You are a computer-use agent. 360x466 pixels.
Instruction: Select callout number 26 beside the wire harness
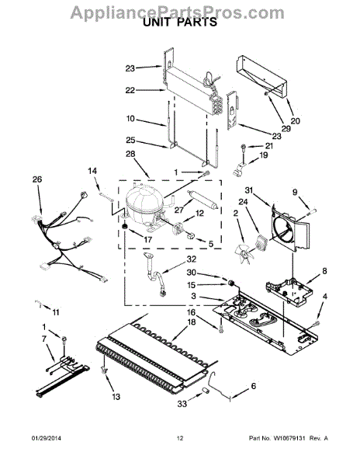pos(36,180)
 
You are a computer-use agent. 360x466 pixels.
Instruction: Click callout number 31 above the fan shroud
pos(249,192)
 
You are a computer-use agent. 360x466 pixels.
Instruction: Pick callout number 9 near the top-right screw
pos(295,192)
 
